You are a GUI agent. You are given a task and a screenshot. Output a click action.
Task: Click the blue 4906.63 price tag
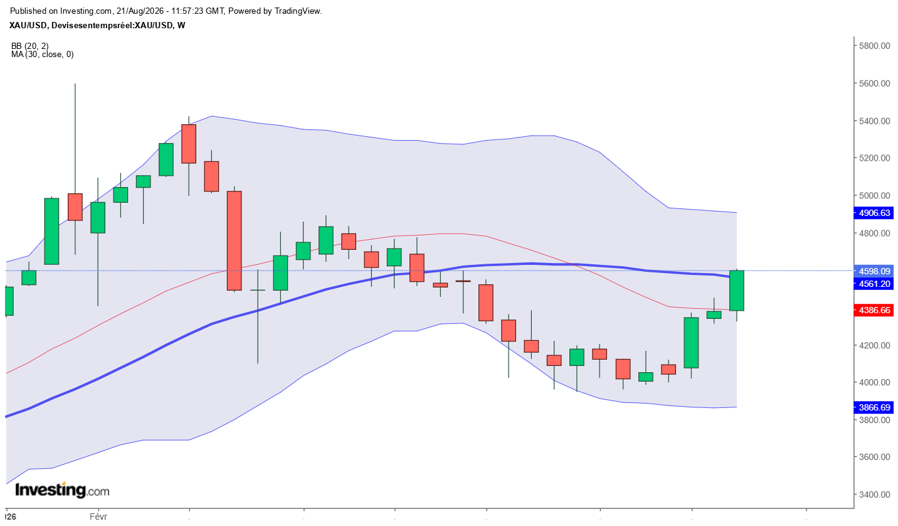click(x=874, y=213)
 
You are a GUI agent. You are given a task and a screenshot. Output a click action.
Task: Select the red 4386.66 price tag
click(x=874, y=310)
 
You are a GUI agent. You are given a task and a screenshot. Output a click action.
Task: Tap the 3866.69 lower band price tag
click(x=874, y=407)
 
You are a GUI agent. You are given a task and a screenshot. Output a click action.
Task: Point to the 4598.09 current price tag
click(x=874, y=271)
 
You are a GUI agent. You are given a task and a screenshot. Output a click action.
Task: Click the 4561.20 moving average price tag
click(x=874, y=284)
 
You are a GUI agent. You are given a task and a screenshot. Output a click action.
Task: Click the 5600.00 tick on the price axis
click(x=874, y=83)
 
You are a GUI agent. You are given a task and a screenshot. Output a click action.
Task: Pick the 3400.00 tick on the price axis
click(x=874, y=495)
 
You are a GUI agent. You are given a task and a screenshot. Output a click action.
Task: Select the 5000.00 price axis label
click(x=874, y=195)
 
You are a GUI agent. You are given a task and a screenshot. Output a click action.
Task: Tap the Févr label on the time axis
click(x=98, y=517)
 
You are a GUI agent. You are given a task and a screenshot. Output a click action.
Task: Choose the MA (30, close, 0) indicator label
click(x=43, y=55)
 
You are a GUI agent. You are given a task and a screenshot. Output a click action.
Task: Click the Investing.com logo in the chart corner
click(x=62, y=490)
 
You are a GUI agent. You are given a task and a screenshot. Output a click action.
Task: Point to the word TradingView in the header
click(x=297, y=11)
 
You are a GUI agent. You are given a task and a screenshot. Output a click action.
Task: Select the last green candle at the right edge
click(x=737, y=291)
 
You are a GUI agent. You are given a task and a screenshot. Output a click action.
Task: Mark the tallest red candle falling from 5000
click(x=235, y=241)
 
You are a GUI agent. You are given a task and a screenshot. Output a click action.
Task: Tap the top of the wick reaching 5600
click(x=75, y=84)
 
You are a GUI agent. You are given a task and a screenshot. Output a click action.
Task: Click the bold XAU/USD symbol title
click(x=28, y=25)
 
